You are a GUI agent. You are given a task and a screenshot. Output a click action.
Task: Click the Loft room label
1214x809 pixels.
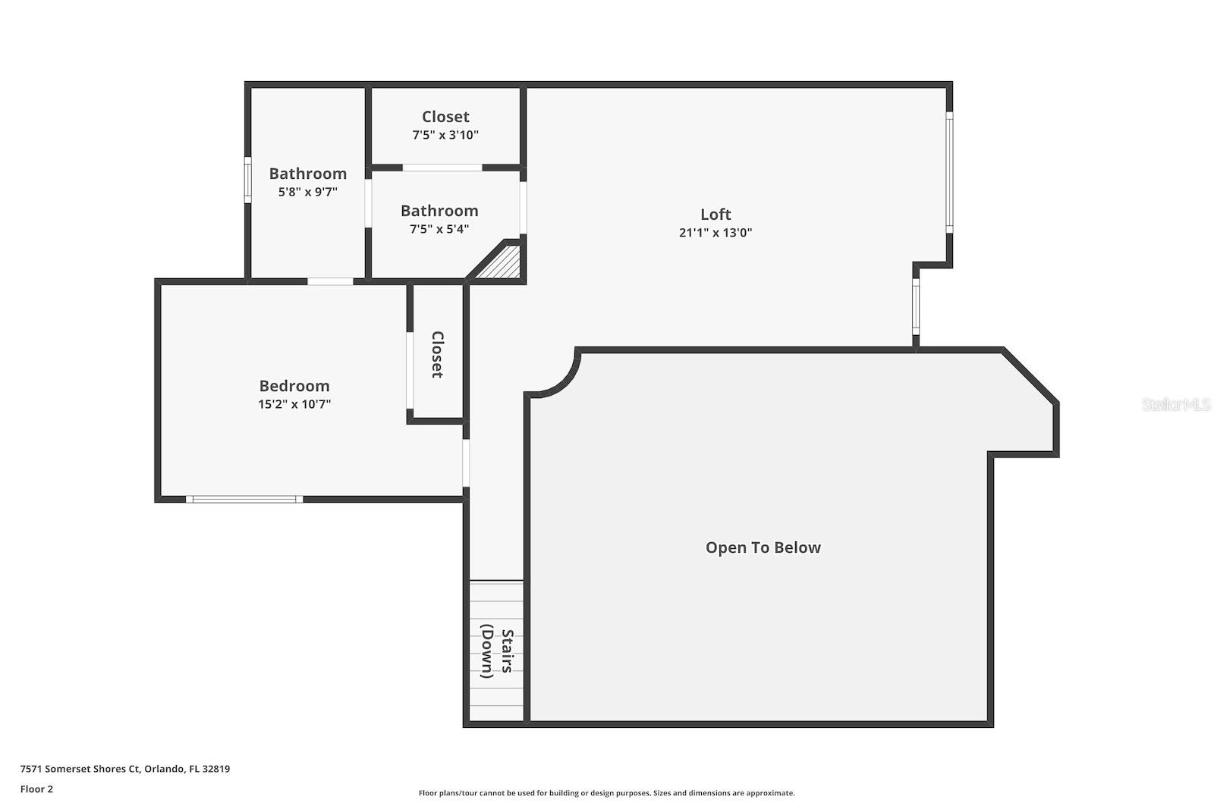point(716,215)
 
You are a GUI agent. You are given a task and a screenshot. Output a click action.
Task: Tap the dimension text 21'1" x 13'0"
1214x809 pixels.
point(716,233)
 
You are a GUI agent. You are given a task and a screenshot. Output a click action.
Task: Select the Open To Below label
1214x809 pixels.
point(763,547)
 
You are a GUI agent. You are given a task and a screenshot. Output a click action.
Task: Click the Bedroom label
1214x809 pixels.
point(294,386)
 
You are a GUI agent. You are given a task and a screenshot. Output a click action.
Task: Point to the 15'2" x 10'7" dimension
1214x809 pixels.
point(294,404)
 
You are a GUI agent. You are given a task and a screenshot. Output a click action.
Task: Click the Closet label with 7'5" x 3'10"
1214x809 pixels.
point(445,117)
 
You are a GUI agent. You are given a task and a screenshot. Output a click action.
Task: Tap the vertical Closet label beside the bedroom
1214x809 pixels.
point(437,354)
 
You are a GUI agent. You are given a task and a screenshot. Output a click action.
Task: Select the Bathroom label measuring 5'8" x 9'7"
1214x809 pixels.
point(307,174)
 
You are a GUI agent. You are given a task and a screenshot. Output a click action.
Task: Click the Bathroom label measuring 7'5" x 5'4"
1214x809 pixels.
point(439,211)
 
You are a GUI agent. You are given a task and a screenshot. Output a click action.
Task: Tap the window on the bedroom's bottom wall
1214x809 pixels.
point(244,499)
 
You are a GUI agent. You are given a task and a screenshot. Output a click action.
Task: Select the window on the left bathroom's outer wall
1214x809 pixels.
point(247,180)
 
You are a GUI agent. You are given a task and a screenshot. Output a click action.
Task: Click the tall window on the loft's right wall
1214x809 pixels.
point(949,173)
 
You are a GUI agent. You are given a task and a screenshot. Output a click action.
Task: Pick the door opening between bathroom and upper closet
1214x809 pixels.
point(442,168)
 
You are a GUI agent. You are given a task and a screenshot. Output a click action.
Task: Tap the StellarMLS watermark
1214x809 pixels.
point(1175,405)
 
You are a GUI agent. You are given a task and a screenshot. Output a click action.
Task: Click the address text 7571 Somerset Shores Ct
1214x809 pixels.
point(124,769)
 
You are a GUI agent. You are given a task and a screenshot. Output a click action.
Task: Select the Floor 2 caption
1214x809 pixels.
point(36,789)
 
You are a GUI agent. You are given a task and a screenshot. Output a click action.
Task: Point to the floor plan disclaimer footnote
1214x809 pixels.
point(606,793)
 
